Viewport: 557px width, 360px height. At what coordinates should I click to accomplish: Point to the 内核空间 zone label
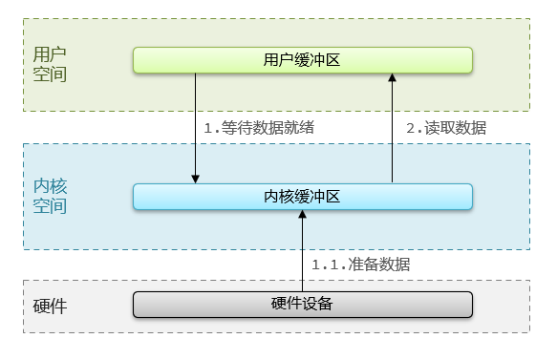coord(50,194)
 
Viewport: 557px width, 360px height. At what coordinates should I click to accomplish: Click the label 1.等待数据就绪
coord(260,127)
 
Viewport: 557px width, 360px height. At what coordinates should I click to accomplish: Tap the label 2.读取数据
coord(447,127)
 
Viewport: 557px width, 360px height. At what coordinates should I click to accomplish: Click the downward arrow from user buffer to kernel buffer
coord(196,124)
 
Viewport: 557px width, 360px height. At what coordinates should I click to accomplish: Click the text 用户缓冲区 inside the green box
coord(302,60)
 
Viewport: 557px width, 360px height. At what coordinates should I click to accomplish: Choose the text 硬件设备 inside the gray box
coord(302,305)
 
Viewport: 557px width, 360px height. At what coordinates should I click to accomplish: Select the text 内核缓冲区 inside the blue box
coord(302,197)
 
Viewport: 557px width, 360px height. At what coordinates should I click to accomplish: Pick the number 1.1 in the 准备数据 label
coord(326,264)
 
